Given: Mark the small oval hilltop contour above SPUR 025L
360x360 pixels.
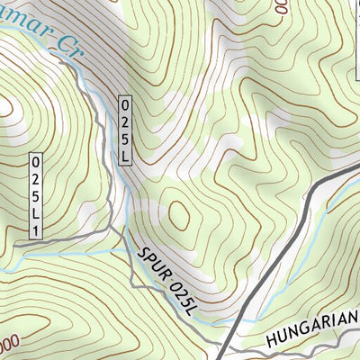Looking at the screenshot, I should [x=179, y=215].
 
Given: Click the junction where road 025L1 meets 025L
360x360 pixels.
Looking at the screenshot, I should [x=116, y=231].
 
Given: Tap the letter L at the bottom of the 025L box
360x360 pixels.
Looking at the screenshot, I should [x=124, y=157].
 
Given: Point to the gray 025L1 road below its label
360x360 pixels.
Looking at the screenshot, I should [x=63, y=238].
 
